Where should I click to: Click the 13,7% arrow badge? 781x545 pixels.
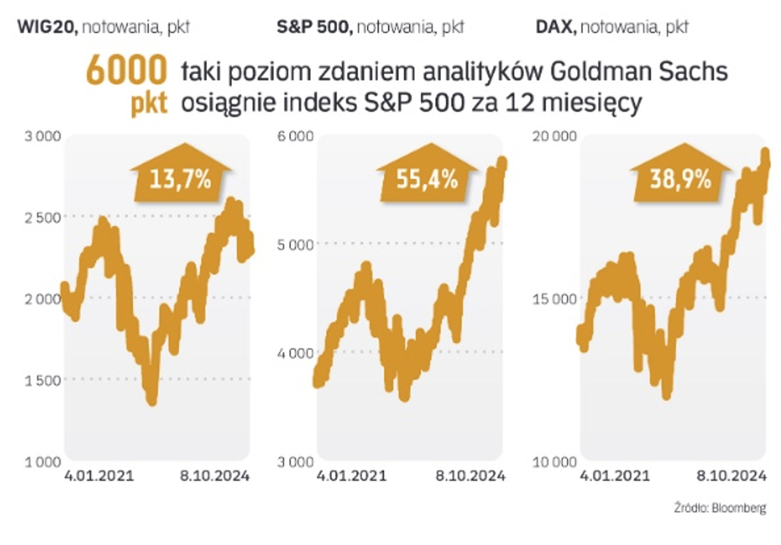(180, 179)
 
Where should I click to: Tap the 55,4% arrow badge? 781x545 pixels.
(427, 179)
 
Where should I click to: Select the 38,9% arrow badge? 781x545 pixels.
(680, 179)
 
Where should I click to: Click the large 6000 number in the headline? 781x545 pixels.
(126, 71)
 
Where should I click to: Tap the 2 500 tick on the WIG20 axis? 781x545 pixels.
(43, 217)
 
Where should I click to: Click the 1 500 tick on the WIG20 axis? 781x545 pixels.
(43, 380)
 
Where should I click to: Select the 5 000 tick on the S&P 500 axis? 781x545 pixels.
(296, 245)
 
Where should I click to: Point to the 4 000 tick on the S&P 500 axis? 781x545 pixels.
(296, 353)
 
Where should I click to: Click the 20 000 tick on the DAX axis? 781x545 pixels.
(555, 136)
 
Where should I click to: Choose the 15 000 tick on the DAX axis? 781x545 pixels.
(555, 299)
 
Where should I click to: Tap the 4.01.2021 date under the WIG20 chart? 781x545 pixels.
(99, 475)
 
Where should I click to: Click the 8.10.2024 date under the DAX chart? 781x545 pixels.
(732, 475)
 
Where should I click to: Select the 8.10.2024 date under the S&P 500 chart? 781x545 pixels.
(470, 475)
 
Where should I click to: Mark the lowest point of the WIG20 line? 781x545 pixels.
(152, 402)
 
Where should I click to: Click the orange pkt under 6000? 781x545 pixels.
(149, 103)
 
